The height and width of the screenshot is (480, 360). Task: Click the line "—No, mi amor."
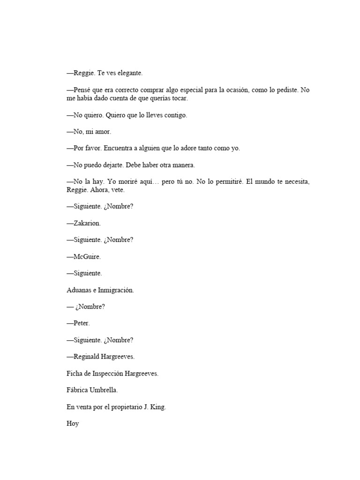pyautogui.click(x=89, y=132)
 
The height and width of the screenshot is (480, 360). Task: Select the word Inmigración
pyautogui.click(x=115, y=290)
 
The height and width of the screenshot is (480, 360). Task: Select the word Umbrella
pyautogui.click(x=104, y=390)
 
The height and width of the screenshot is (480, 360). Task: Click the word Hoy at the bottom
pyautogui.click(x=73, y=424)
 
